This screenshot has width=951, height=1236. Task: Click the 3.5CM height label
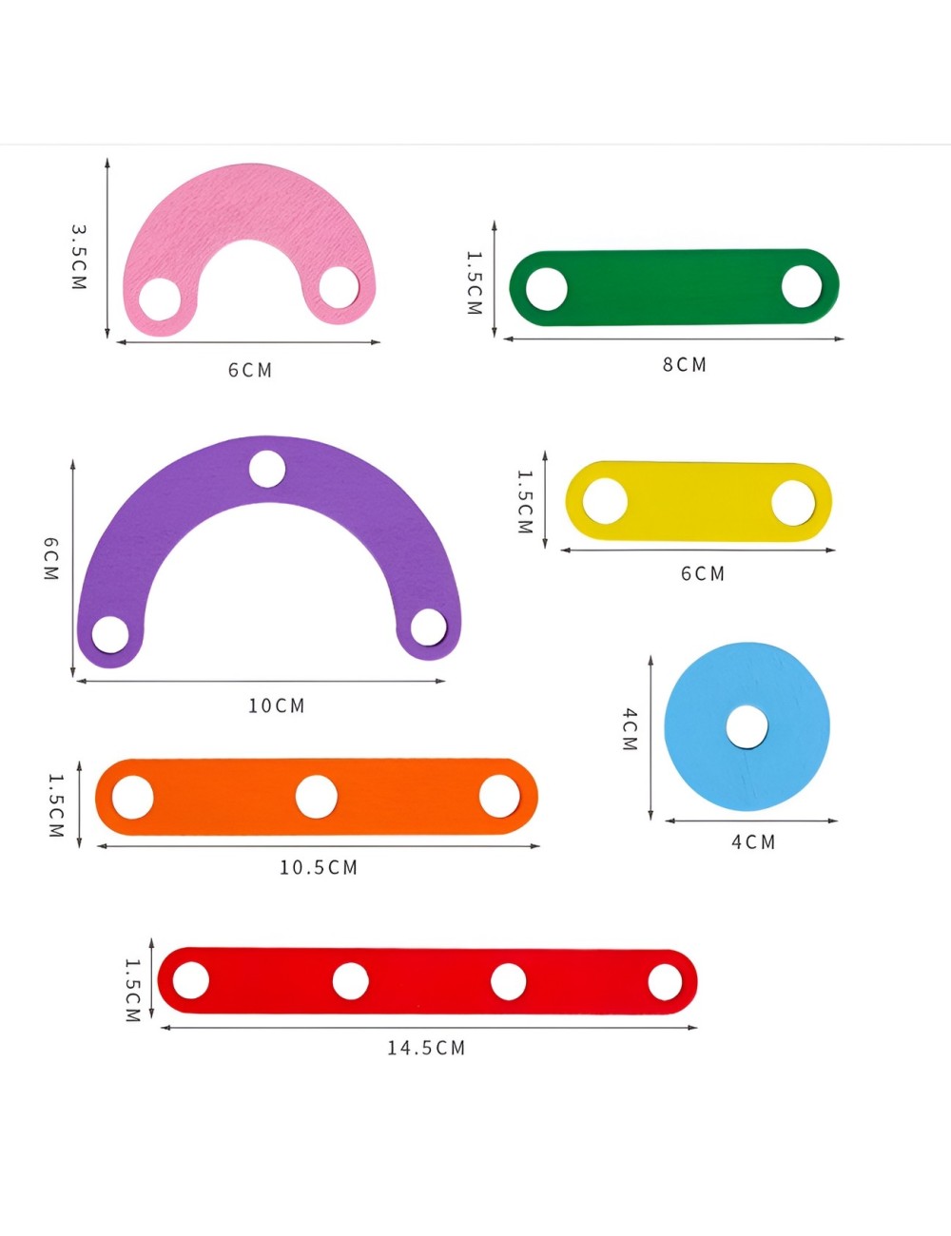pyautogui.click(x=79, y=257)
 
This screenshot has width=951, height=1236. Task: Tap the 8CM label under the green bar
pyautogui.click(x=685, y=364)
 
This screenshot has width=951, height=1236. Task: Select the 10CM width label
pyautogui.click(x=277, y=705)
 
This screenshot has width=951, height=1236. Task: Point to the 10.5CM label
pyautogui.click(x=319, y=867)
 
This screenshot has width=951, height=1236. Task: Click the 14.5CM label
pyautogui.click(x=426, y=1048)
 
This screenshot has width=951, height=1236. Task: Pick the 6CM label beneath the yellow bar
pyautogui.click(x=703, y=573)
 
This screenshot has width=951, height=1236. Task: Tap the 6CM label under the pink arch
pyautogui.click(x=250, y=370)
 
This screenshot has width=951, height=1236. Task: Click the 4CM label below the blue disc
pyautogui.click(x=753, y=841)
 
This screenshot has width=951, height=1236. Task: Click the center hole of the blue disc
pyautogui.click(x=747, y=727)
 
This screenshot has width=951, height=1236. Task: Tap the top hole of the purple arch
pyautogui.click(x=267, y=469)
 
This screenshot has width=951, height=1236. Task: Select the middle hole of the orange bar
pyautogui.click(x=317, y=797)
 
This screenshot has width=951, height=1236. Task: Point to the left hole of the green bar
pyautogui.click(x=547, y=288)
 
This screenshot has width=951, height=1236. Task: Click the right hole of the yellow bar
pyautogui.click(x=793, y=502)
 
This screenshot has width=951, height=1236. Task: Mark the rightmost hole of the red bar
pyautogui.click(x=666, y=982)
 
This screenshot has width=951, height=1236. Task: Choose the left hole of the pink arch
pyautogui.click(x=160, y=299)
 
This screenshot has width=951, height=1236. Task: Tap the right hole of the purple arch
pyautogui.click(x=428, y=628)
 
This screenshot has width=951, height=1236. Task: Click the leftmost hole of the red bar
pyautogui.click(x=191, y=980)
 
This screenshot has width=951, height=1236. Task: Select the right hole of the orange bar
pyautogui.click(x=499, y=796)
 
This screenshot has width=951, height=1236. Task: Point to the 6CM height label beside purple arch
pyautogui.click(x=51, y=559)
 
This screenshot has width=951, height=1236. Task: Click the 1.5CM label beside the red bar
pyautogui.click(x=133, y=990)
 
